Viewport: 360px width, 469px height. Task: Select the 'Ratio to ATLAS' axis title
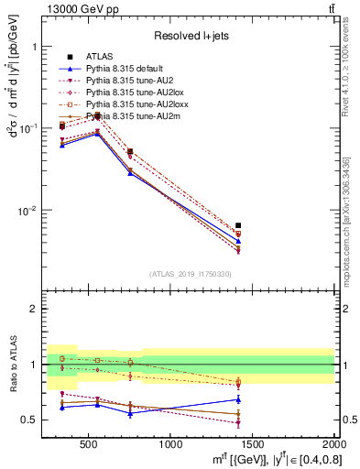[12, 364]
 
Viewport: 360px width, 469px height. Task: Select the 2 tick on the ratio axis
[31, 309]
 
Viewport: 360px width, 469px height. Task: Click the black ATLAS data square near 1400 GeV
[238, 225]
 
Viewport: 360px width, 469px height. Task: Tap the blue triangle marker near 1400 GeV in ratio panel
[238, 399]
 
